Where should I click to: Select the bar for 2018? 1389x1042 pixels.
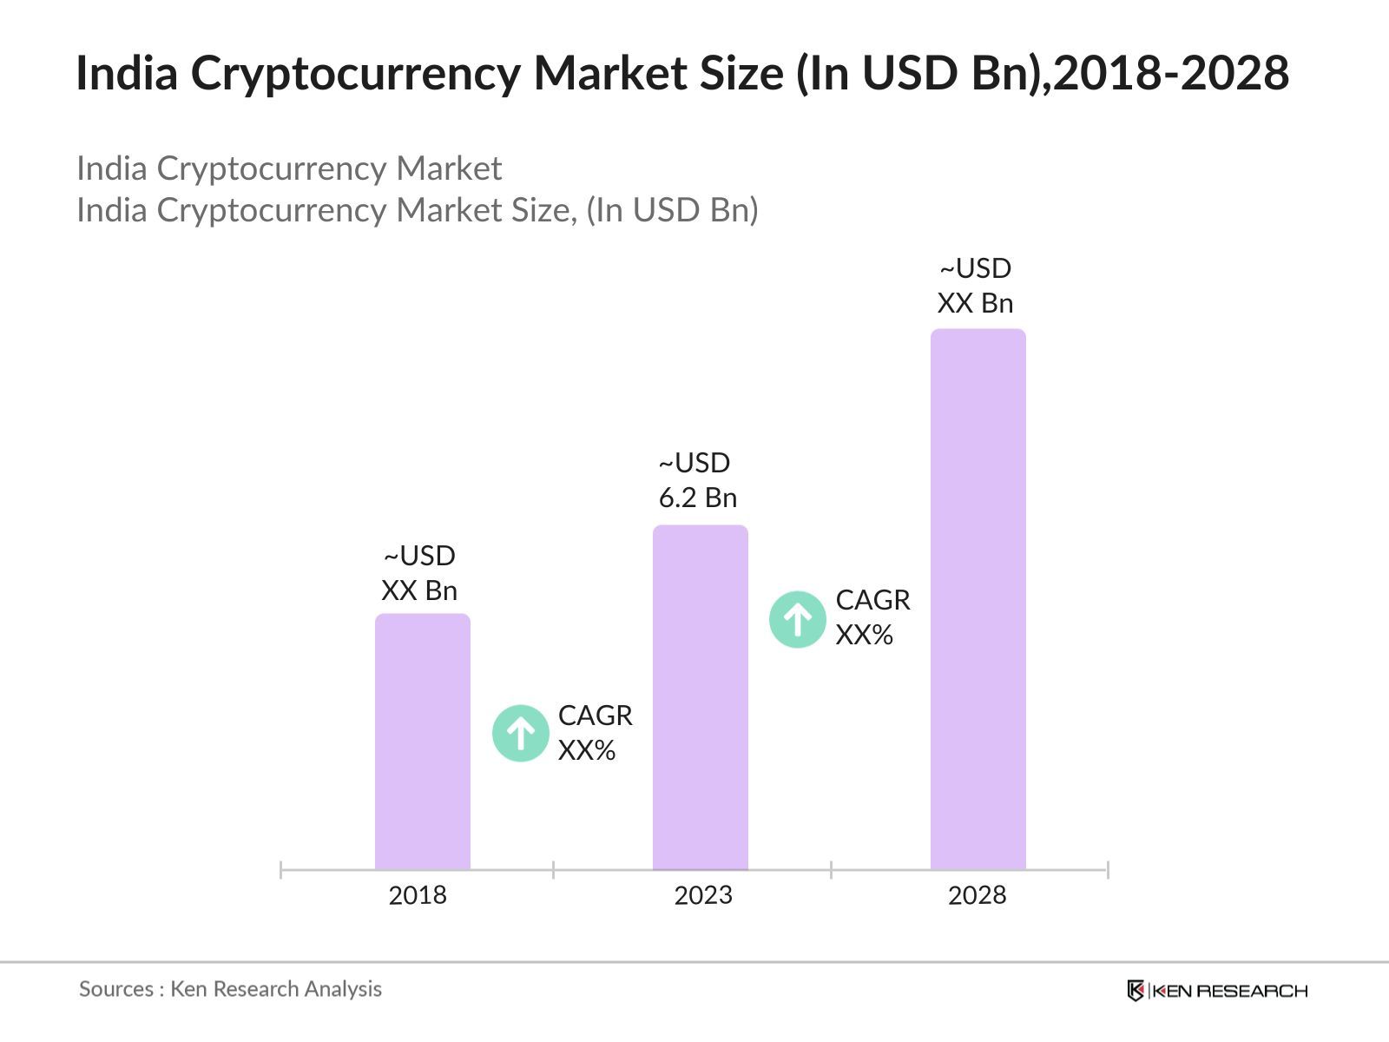point(422,742)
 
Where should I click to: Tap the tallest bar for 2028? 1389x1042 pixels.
point(978,599)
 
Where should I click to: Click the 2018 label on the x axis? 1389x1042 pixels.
point(418,895)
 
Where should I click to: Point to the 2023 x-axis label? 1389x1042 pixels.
point(703,895)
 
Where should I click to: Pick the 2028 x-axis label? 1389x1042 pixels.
point(977,895)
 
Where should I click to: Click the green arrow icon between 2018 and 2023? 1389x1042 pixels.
point(521,734)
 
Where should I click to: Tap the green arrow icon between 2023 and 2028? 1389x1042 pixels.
point(798,619)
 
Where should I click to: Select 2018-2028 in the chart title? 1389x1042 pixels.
point(1171,73)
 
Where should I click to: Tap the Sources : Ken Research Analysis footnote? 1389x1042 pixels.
point(230,989)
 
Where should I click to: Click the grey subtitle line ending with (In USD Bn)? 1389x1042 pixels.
point(417,210)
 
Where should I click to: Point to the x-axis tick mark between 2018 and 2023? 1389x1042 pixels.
point(553,869)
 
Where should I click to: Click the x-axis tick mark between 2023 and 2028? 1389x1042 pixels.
point(831,869)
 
